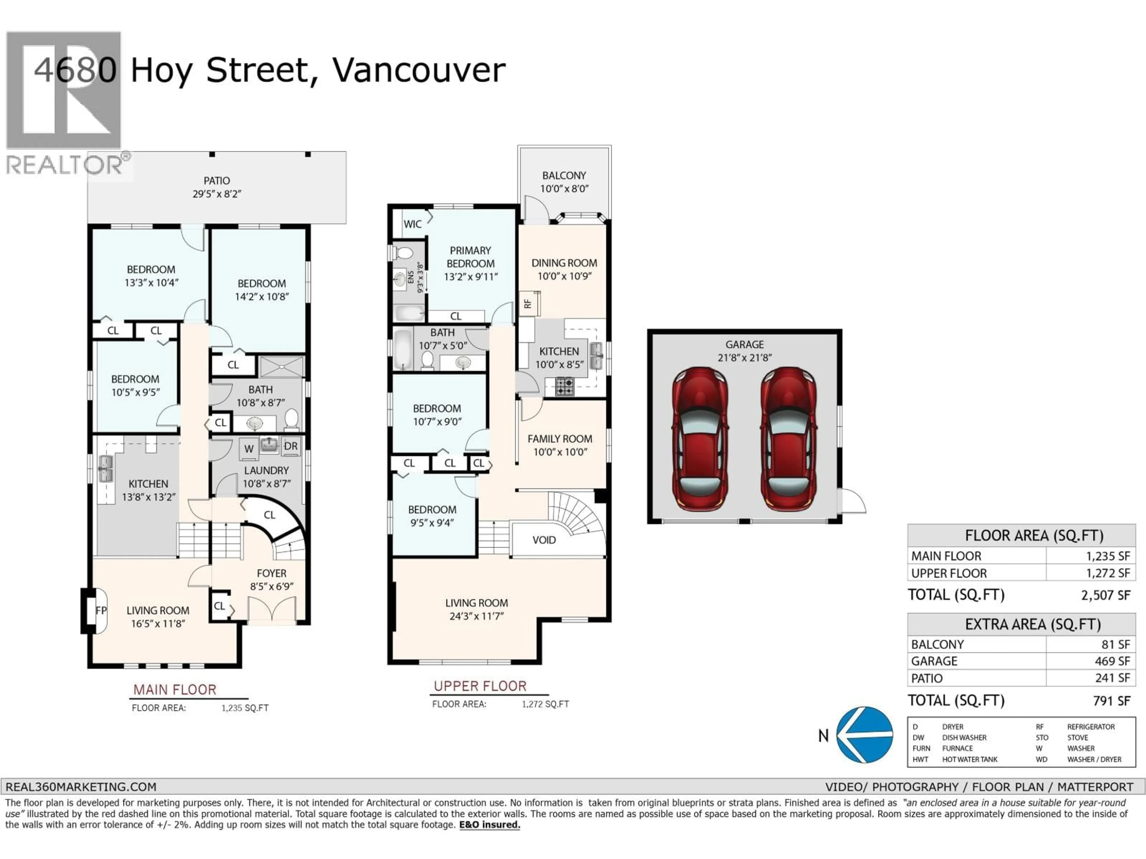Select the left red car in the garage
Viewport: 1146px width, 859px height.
pos(700,439)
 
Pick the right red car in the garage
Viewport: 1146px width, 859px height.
pos(788,439)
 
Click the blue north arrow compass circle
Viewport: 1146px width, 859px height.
pos(864,735)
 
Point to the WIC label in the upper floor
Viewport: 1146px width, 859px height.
pos(412,224)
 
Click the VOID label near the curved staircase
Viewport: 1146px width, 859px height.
pos(544,540)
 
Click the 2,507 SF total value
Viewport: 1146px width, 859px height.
pos(1105,595)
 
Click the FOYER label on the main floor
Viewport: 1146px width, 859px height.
pos(272,573)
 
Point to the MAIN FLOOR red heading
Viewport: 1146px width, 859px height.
pos(175,690)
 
